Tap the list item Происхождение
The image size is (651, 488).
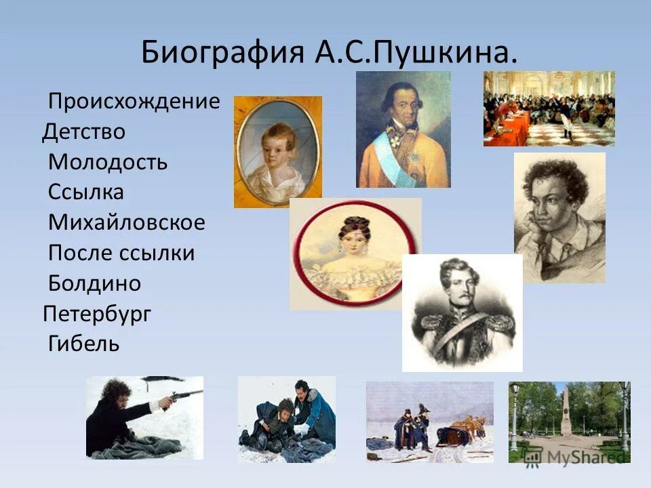(x=134, y=102)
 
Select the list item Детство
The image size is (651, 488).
(x=83, y=131)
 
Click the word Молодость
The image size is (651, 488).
(x=108, y=163)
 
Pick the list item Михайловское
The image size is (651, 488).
(x=126, y=222)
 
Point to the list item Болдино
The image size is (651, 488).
(x=94, y=283)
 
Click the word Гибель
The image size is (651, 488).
(x=83, y=344)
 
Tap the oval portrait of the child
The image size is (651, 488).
(x=277, y=152)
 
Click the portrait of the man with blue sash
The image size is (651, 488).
(x=403, y=129)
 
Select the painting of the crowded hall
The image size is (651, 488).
(x=549, y=108)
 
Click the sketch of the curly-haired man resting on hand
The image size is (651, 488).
(x=559, y=217)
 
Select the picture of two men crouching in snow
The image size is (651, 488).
(x=286, y=419)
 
